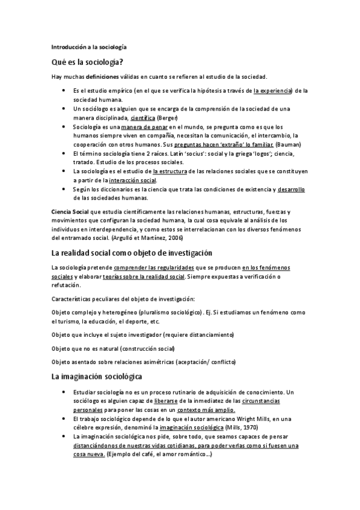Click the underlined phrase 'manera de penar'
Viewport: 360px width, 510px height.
tap(144, 127)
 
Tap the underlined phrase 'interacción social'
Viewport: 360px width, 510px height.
tap(132, 180)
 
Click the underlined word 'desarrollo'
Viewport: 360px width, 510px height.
tap(291, 189)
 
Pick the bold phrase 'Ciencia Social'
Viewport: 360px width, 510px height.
tap(70, 212)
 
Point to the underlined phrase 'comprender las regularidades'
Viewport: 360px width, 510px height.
tap(150, 267)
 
